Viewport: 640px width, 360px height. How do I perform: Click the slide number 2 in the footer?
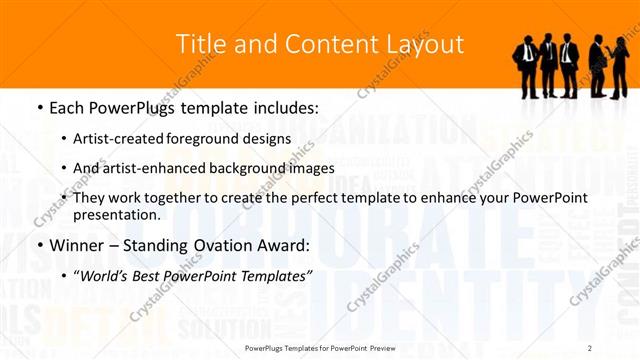(x=590, y=347)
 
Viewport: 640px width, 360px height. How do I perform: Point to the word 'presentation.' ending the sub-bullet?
(x=117, y=215)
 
